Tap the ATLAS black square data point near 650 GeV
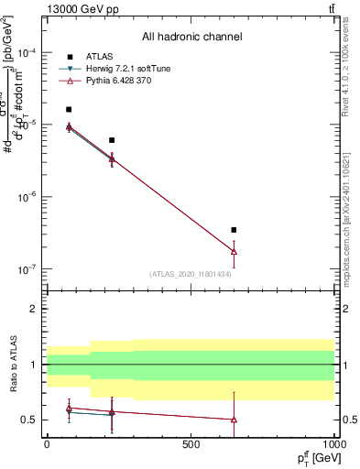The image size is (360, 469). tap(234, 230)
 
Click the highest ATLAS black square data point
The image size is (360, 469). tap(69, 109)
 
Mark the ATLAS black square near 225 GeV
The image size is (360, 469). tap(112, 140)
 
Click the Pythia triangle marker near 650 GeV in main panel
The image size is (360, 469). tap(234, 251)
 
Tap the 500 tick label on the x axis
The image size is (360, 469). tap(191, 443)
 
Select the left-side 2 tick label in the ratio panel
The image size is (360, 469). tap(37, 310)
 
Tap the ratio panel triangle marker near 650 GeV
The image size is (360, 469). tap(234, 420)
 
